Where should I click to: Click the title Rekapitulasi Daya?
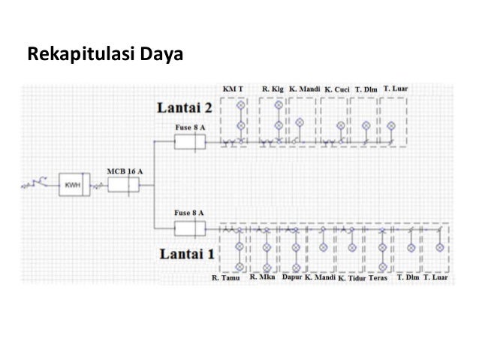[105, 55]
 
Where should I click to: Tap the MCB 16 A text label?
[125, 171]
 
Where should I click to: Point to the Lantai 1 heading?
[186, 254]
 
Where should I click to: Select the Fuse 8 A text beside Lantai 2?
[189, 128]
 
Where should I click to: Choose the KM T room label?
[233, 89]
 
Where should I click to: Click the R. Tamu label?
[225, 279]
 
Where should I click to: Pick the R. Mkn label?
[263, 278]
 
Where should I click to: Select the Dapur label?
[291, 278]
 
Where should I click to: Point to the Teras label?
[378, 279]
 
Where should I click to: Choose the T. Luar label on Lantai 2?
[395, 89]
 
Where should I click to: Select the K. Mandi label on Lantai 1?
[320, 279]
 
